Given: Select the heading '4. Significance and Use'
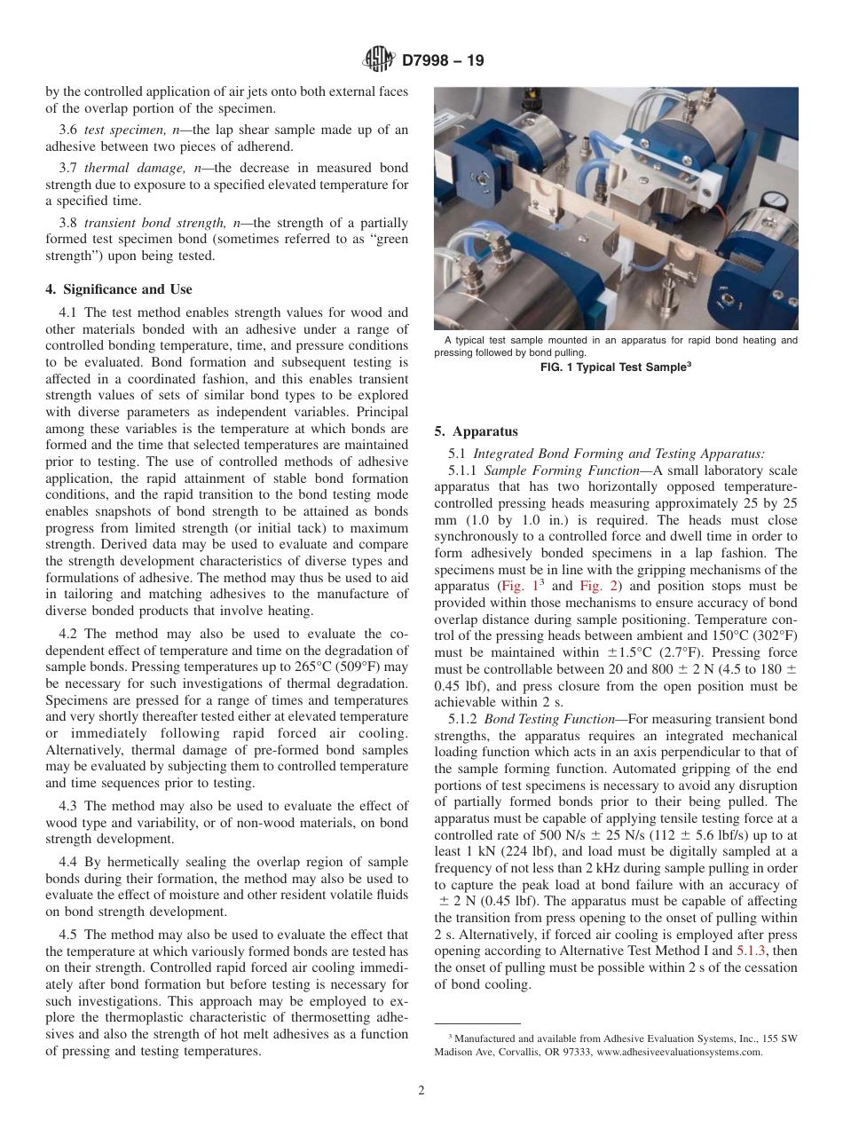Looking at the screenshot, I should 118,289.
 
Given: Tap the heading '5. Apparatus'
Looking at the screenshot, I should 476,431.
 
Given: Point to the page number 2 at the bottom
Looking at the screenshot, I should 421,1091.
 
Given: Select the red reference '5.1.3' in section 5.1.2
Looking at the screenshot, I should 753,951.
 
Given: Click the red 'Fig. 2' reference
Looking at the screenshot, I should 597,587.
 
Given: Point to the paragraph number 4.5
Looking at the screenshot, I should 69,935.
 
